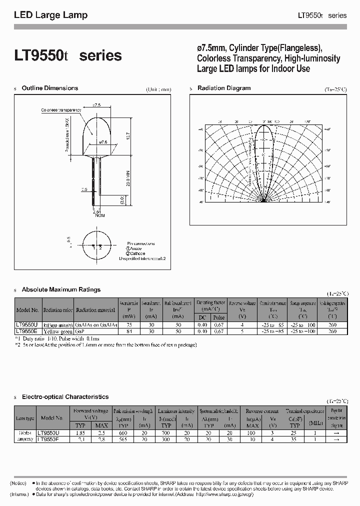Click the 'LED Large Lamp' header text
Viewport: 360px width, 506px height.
coord(50,15)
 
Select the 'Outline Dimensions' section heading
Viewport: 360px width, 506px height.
coord(50,88)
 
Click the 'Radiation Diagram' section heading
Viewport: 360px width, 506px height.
coord(224,88)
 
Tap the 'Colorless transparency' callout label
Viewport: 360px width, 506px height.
coord(61,109)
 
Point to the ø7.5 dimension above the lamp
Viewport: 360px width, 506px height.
coord(96,105)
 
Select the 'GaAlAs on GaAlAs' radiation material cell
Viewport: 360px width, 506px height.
coord(96,324)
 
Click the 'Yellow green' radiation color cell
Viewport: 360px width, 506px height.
coord(57,331)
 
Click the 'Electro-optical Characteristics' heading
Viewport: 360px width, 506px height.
coord(65,396)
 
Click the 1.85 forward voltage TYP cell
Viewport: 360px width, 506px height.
coord(80,432)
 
